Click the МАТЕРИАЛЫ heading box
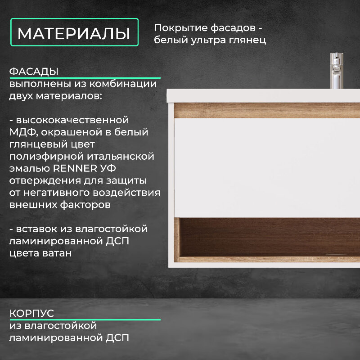pos(74,32)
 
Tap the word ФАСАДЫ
pos(34,72)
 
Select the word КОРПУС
pos(31,313)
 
